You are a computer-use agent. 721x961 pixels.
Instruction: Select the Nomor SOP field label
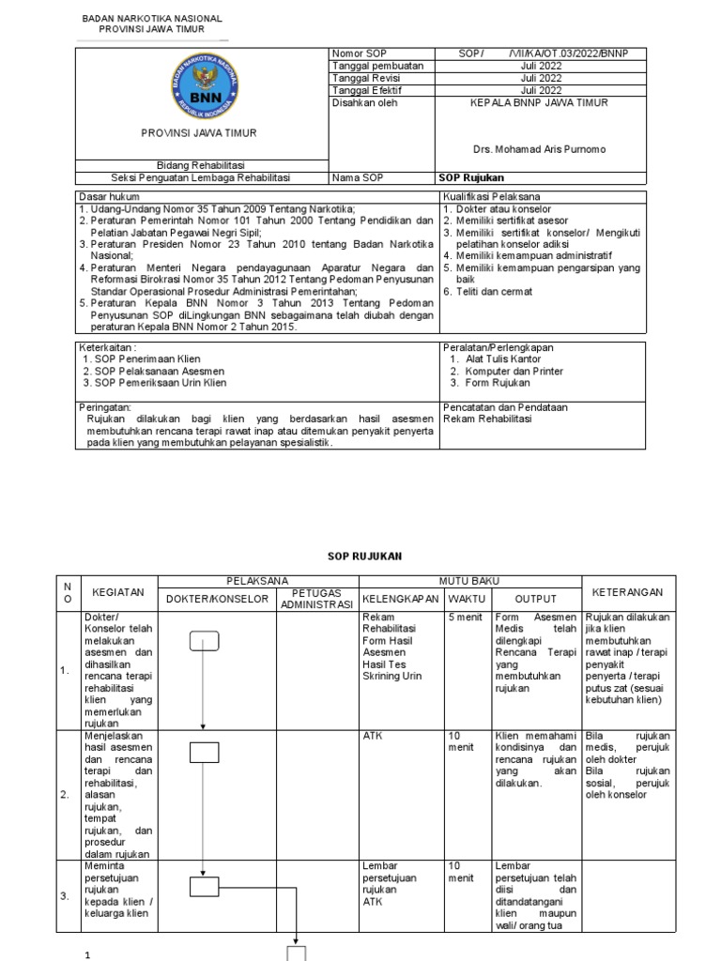coord(354,54)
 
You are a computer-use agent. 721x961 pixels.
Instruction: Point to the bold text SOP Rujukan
coord(471,177)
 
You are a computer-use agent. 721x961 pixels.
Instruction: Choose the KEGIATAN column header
coord(118,593)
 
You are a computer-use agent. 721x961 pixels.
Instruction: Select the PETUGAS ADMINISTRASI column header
coord(314,599)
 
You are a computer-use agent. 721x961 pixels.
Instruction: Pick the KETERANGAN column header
coord(628,592)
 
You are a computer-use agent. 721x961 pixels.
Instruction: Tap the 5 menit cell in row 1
coord(465,618)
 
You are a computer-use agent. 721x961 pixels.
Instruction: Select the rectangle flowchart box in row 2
coord(204,752)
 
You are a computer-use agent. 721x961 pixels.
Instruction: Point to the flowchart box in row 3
coord(204,887)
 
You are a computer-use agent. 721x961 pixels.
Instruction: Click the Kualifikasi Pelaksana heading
coord(487,195)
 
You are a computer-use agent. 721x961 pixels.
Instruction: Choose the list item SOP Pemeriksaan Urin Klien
coord(154,383)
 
